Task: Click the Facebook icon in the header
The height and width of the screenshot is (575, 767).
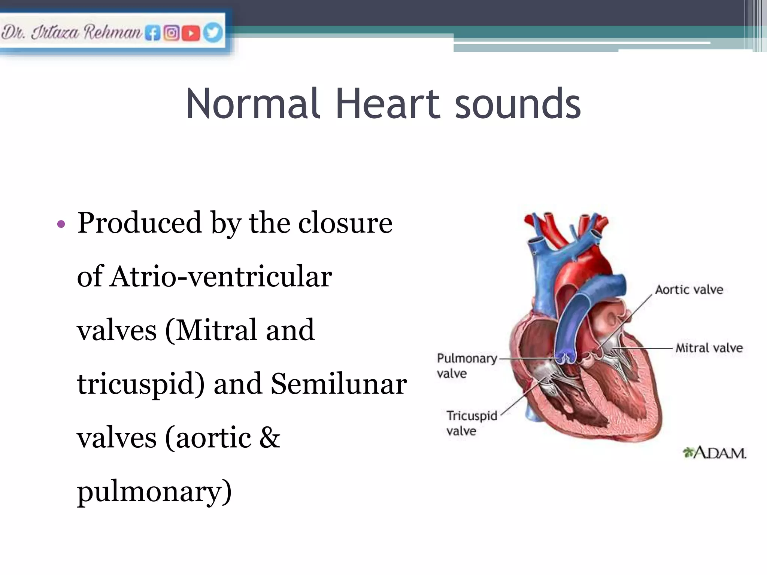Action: [152, 33]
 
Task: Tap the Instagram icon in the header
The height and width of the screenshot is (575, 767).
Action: [172, 33]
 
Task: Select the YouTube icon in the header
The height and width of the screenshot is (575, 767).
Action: [191, 33]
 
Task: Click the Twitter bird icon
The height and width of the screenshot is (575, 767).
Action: [212, 33]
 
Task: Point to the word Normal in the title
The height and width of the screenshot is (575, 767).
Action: [253, 104]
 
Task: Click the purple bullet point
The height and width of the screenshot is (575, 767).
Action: [61, 225]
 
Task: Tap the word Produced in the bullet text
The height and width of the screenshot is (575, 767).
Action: [139, 223]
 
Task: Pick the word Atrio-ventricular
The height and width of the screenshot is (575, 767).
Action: [221, 277]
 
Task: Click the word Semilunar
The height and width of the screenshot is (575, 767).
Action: [339, 384]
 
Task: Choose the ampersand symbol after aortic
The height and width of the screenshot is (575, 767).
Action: [269, 438]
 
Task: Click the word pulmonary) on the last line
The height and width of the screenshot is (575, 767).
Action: [154, 493]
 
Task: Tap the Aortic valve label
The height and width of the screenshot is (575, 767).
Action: [689, 290]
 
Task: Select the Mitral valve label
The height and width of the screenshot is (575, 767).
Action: [709, 348]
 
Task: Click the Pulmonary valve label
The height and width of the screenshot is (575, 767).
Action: [466, 365]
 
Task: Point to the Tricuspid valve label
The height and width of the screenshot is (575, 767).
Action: [472, 423]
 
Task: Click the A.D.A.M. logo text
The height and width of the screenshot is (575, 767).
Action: [715, 453]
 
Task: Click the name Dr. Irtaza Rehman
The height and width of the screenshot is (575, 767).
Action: [71, 33]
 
